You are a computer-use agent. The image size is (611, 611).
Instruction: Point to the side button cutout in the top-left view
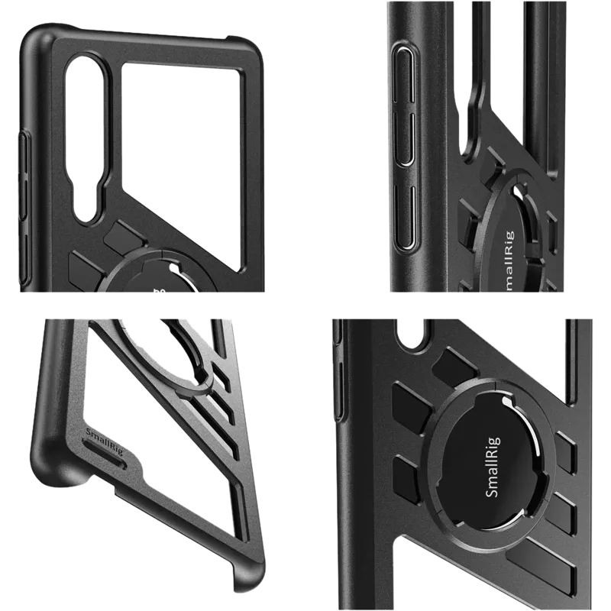[24, 164]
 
